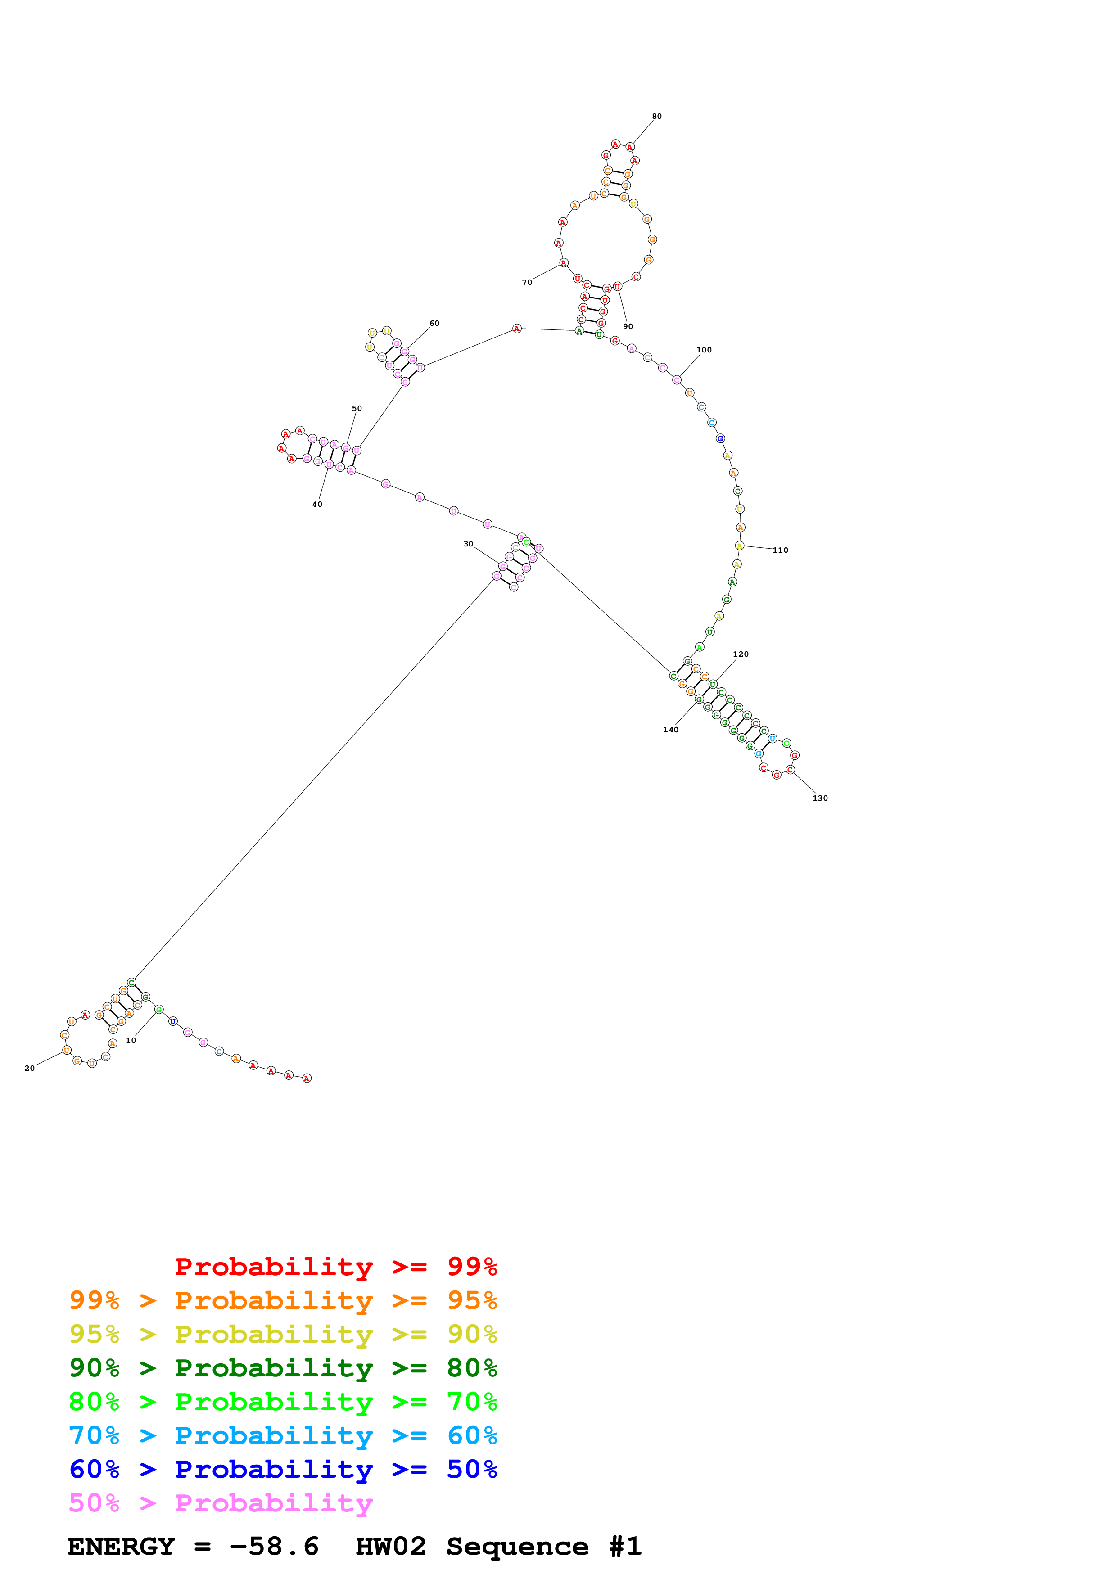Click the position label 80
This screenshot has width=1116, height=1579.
tap(657, 116)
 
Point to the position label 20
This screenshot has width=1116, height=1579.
tap(30, 1068)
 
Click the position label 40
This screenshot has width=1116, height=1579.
tap(317, 504)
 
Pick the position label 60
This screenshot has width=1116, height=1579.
tap(434, 323)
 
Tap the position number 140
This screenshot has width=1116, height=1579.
tap(670, 730)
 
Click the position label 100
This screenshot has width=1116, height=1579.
tap(704, 350)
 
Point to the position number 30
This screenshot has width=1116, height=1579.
tap(468, 544)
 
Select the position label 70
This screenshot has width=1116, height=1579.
tap(527, 282)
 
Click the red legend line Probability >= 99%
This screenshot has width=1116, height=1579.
tap(335, 1266)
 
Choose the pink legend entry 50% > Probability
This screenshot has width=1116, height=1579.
tap(221, 1502)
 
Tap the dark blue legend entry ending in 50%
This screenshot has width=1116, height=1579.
tap(283, 1469)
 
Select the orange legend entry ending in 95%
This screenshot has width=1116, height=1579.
tap(283, 1300)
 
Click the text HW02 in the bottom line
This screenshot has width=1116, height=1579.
tap(391, 1546)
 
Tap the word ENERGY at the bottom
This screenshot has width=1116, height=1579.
tap(121, 1546)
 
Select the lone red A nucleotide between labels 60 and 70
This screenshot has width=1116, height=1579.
tap(516, 329)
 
